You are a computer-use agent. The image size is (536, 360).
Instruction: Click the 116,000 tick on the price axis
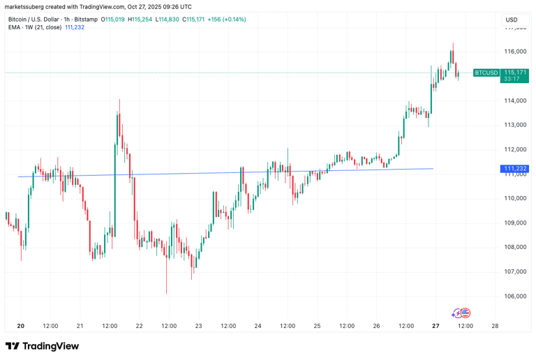515,52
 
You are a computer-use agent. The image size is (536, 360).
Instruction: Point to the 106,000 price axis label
515,296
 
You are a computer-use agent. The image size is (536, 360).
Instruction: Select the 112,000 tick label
515,149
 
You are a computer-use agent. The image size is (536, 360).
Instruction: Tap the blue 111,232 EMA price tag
514,169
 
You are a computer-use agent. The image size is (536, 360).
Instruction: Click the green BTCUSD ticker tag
486,73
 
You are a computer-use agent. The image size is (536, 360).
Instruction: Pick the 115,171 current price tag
515,73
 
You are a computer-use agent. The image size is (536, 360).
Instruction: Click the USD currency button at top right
512,20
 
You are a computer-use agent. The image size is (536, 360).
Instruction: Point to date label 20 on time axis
20,326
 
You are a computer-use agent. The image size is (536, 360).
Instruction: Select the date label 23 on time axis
198,326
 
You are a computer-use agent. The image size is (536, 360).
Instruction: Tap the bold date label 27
435,326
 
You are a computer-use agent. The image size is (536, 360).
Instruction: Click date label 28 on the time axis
495,326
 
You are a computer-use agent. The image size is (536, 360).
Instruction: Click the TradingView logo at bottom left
42,346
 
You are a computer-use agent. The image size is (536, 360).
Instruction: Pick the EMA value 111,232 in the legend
74,27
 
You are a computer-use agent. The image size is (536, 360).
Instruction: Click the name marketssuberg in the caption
26,6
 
